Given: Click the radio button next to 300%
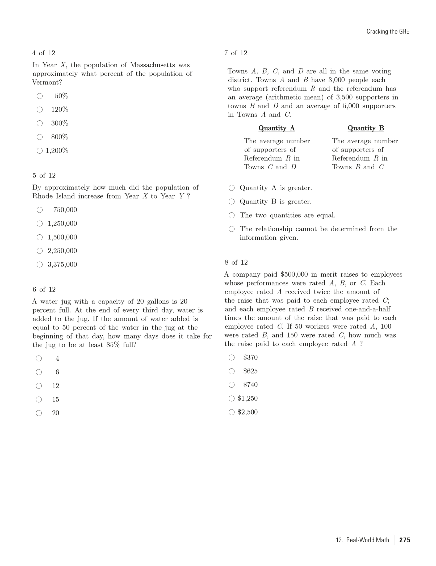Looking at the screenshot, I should (40, 123).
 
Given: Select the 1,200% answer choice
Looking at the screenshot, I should (40, 151).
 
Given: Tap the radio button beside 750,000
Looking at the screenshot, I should (40, 210).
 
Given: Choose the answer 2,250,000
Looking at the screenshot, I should (40, 251).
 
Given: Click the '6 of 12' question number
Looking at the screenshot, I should (44, 289).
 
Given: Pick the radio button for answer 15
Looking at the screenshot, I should (39, 399).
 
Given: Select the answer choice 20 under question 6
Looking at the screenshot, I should (39, 413).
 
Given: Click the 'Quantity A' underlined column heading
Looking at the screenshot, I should (276, 128).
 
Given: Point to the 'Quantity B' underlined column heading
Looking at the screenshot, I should (366, 128).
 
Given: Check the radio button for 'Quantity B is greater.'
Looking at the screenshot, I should (232, 202).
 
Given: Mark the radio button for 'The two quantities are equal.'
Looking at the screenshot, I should (232, 215).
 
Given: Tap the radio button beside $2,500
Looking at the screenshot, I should (232, 412).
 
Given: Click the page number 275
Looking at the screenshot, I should (405, 540).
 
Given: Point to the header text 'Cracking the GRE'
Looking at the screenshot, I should (388, 32).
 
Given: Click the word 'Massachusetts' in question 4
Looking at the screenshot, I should (152, 65).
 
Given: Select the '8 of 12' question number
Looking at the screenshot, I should (236, 263).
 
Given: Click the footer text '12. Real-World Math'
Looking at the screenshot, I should (362, 540).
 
